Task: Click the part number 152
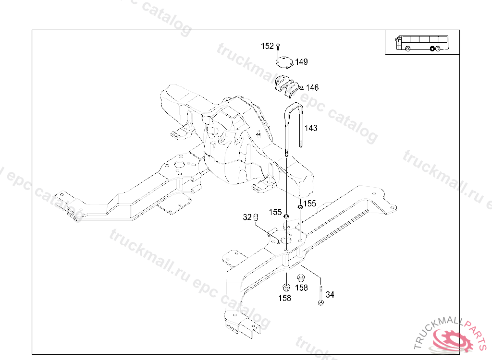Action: click(x=267, y=46)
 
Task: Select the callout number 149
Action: click(x=301, y=62)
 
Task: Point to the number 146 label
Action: click(x=312, y=88)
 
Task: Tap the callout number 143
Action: click(x=311, y=128)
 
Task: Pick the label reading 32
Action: click(x=247, y=217)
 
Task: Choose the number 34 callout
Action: click(x=330, y=294)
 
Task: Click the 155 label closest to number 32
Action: click(x=275, y=212)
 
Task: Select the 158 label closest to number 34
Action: click(x=301, y=288)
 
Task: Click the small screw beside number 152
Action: click(x=278, y=47)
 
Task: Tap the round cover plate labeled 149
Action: click(x=284, y=62)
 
